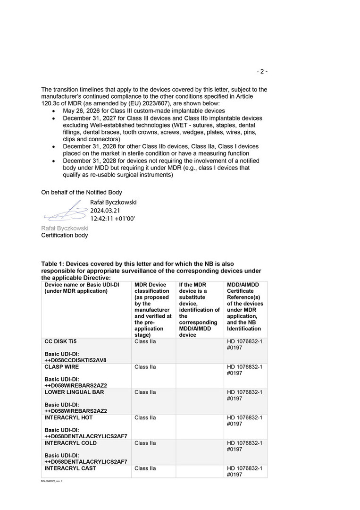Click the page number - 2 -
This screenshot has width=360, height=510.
(262, 72)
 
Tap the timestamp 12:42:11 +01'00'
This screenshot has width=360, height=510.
(113, 219)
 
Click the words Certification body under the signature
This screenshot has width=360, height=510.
(64, 235)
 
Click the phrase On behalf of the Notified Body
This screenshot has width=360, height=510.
(82, 192)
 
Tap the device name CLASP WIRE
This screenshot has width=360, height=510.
(62, 367)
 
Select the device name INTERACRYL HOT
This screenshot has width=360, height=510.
(68, 418)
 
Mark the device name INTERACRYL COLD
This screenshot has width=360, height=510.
(70, 443)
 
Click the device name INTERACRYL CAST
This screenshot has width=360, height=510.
(70, 468)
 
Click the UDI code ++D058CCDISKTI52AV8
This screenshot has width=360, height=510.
(75, 360)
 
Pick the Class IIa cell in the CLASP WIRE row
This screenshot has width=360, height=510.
(145, 367)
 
